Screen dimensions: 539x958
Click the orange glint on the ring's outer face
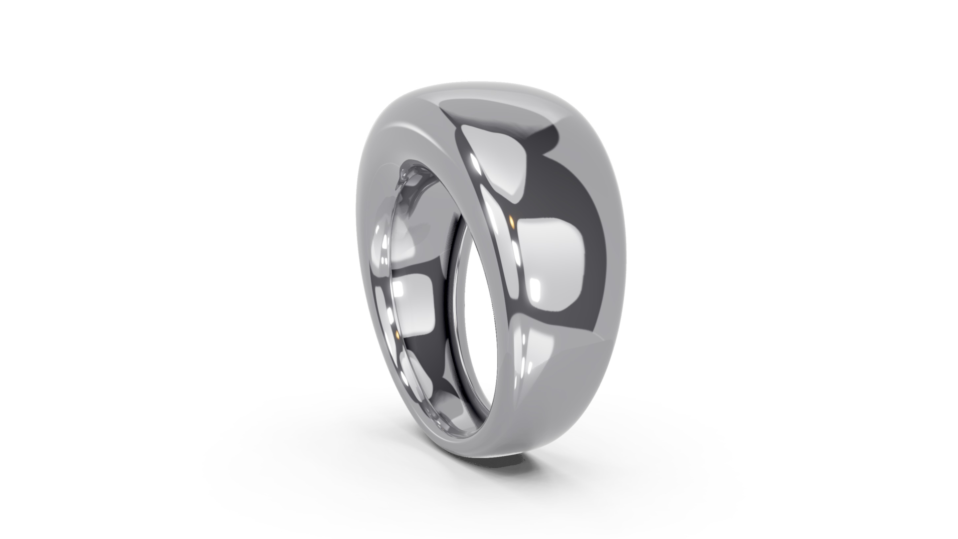(x=511, y=222)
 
